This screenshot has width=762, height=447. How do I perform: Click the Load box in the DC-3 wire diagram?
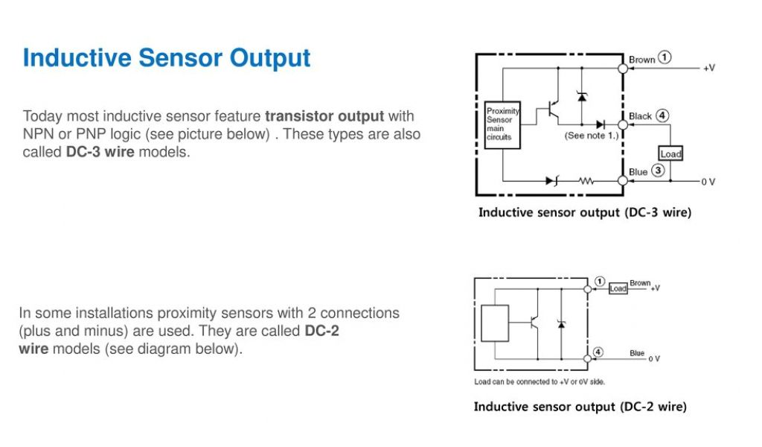tap(670, 153)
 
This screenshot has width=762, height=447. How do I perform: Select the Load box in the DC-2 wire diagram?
tap(618, 288)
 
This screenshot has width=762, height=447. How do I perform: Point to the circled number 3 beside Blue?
tap(658, 171)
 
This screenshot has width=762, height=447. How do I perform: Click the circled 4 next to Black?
tap(662, 115)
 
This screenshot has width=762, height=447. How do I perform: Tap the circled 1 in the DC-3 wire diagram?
tap(665, 57)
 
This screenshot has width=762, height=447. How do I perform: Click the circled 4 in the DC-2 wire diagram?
tap(598, 352)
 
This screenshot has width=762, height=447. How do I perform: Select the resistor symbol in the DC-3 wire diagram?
tap(588, 180)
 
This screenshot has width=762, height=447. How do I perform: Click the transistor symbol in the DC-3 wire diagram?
tap(551, 109)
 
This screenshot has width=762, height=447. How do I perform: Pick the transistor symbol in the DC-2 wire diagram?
tap(534, 323)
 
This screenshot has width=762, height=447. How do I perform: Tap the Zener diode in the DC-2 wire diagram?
tap(560, 323)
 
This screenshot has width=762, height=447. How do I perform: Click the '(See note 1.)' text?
tap(591, 136)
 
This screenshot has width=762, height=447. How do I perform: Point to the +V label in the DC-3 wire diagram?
tap(709, 68)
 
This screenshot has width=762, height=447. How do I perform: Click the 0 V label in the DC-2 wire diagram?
tap(653, 359)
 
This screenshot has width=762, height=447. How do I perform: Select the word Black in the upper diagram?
tap(640, 116)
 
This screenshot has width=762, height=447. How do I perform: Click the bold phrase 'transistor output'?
tap(324, 116)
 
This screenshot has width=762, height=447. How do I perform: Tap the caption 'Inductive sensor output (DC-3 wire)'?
tap(584, 213)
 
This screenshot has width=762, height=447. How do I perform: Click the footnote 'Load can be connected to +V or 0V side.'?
tap(540, 382)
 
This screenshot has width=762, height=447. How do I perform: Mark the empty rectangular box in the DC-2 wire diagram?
tap(496, 322)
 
